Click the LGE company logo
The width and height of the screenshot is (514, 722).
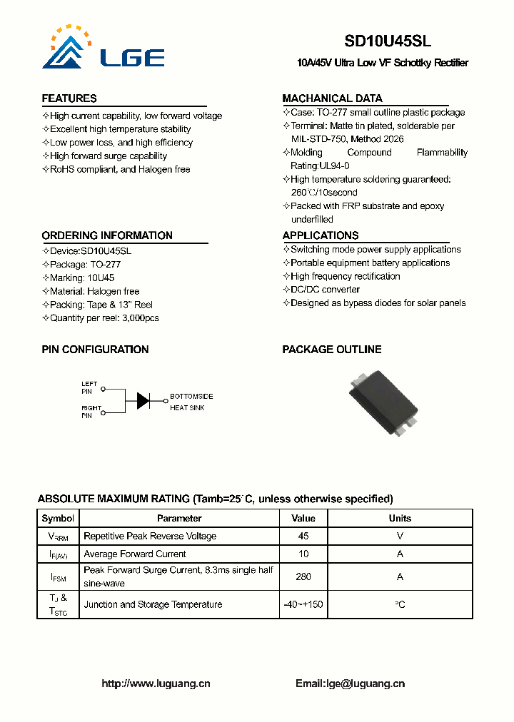click(104, 49)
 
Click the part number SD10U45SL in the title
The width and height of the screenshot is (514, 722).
click(388, 41)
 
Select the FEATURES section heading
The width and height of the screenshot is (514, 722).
click(69, 98)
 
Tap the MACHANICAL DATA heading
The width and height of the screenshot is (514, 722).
click(332, 98)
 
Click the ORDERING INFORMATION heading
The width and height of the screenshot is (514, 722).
click(107, 235)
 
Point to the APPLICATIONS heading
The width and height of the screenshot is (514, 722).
click(321, 235)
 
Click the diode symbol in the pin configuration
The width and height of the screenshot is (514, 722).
click(143, 400)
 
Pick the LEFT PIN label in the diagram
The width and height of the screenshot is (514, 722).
click(89, 387)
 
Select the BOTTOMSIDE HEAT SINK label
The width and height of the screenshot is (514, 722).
click(191, 402)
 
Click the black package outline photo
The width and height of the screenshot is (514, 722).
click(384, 401)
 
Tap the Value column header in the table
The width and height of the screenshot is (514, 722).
click(303, 519)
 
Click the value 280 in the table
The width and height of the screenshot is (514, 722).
click(303, 576)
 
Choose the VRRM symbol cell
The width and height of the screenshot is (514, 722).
click(58, 537)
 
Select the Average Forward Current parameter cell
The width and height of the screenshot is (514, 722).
click(135, 554)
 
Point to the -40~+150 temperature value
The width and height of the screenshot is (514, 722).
click(303, 604)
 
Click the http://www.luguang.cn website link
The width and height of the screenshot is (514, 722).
click(156, 683)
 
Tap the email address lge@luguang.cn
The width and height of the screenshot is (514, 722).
click(365, 683)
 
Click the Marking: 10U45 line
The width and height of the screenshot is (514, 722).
click(81, 278)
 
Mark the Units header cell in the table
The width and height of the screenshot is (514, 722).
click(400, 519)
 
